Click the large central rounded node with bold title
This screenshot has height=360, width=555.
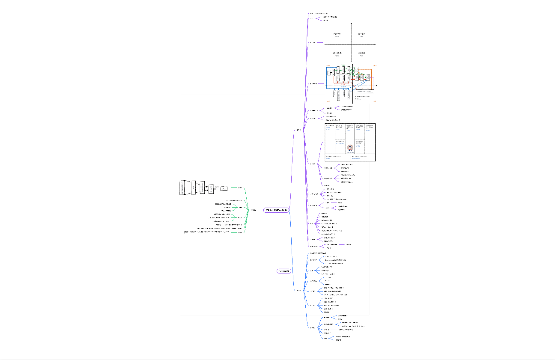[276, 210]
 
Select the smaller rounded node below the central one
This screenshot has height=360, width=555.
[283, 271]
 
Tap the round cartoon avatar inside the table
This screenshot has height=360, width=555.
[350, 148]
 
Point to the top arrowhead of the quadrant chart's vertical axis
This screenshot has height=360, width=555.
[352, 24]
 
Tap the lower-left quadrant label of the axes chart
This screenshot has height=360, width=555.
[337, 54]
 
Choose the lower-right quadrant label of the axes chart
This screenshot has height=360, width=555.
[361, 54]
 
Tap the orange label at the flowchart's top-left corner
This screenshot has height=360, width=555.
[328, 65]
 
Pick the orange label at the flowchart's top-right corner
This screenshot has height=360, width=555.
[374, 65]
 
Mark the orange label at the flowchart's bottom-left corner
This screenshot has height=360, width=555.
[328, 101]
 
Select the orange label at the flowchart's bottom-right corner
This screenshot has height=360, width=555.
[374, 101]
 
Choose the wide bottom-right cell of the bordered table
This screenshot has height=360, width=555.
[363, 158]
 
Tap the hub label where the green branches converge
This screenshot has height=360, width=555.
[254, 210]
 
